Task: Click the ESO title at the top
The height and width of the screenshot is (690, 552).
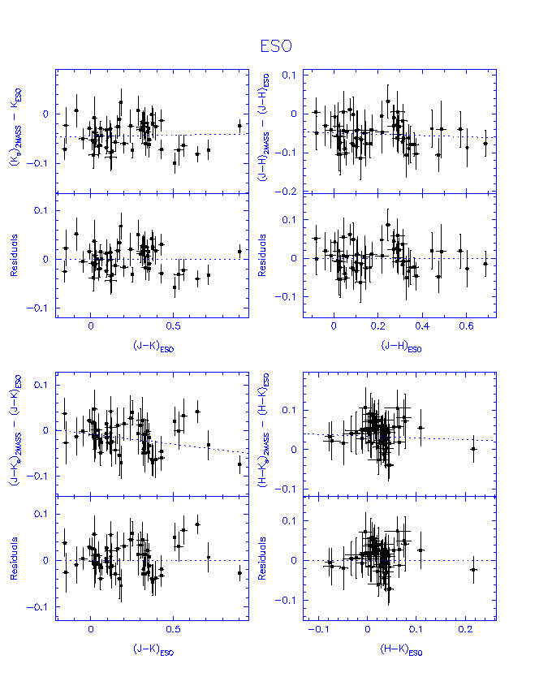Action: (275, 48)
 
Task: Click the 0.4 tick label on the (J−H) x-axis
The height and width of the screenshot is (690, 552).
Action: (422, 326)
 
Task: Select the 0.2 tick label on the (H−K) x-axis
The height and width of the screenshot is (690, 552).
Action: (465, 630)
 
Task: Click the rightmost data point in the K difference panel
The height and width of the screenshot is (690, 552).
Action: (239, 125)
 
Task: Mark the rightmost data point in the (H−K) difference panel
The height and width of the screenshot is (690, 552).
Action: (474, 449)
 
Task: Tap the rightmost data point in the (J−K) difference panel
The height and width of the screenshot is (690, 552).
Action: (239, 464)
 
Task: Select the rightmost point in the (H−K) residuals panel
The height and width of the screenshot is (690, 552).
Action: (474, 570)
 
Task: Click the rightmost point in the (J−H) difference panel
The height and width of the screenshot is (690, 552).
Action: (485, 144)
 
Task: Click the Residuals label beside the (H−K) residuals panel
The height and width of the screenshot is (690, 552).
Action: (262, 560)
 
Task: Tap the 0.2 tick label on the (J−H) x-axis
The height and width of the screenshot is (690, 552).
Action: (377, 326)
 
